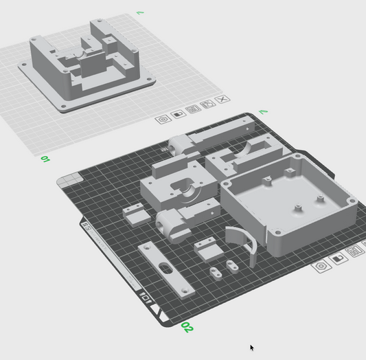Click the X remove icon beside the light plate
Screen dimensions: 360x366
[222, 100]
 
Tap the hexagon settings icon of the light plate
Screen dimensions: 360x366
[163, 119]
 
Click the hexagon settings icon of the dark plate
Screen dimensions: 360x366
[320, 266]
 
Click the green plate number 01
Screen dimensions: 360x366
[45, 159]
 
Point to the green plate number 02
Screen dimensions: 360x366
[187, 326]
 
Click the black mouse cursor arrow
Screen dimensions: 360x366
[252, 348]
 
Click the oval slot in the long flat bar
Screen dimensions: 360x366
[165, 267]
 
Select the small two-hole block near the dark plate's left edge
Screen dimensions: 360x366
[136, 215]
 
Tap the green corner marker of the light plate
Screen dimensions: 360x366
[140, 12]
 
